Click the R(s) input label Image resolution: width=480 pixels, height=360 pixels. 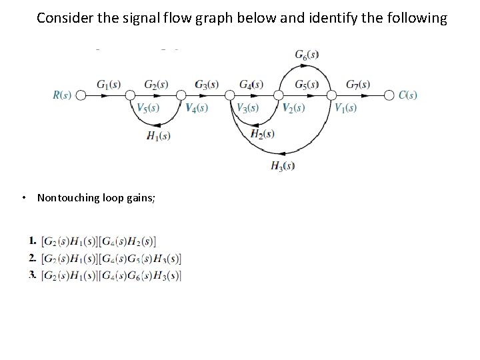coord(62,95)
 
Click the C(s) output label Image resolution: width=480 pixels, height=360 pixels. coord(408,95)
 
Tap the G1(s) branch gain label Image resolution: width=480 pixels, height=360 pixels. coord(109,84)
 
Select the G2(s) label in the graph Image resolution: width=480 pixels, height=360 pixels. coord(156,84)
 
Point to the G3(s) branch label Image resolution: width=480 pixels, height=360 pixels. coord(207,84)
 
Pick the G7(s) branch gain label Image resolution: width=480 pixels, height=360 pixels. coord(358,84)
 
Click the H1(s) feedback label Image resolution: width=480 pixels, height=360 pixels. coord(159,136)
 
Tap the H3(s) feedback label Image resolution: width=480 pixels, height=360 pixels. coord(283,166)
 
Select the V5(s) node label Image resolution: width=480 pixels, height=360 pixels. coord(148,108)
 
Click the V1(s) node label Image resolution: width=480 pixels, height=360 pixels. coord(345,108)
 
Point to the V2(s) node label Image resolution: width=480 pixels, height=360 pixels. coord(293,108)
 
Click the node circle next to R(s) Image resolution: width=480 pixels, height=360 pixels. coord(81,95)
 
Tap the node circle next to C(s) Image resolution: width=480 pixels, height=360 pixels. coord(390,95)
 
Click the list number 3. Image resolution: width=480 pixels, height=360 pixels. coord(33,275)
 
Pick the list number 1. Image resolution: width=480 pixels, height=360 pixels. coord(33,240)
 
